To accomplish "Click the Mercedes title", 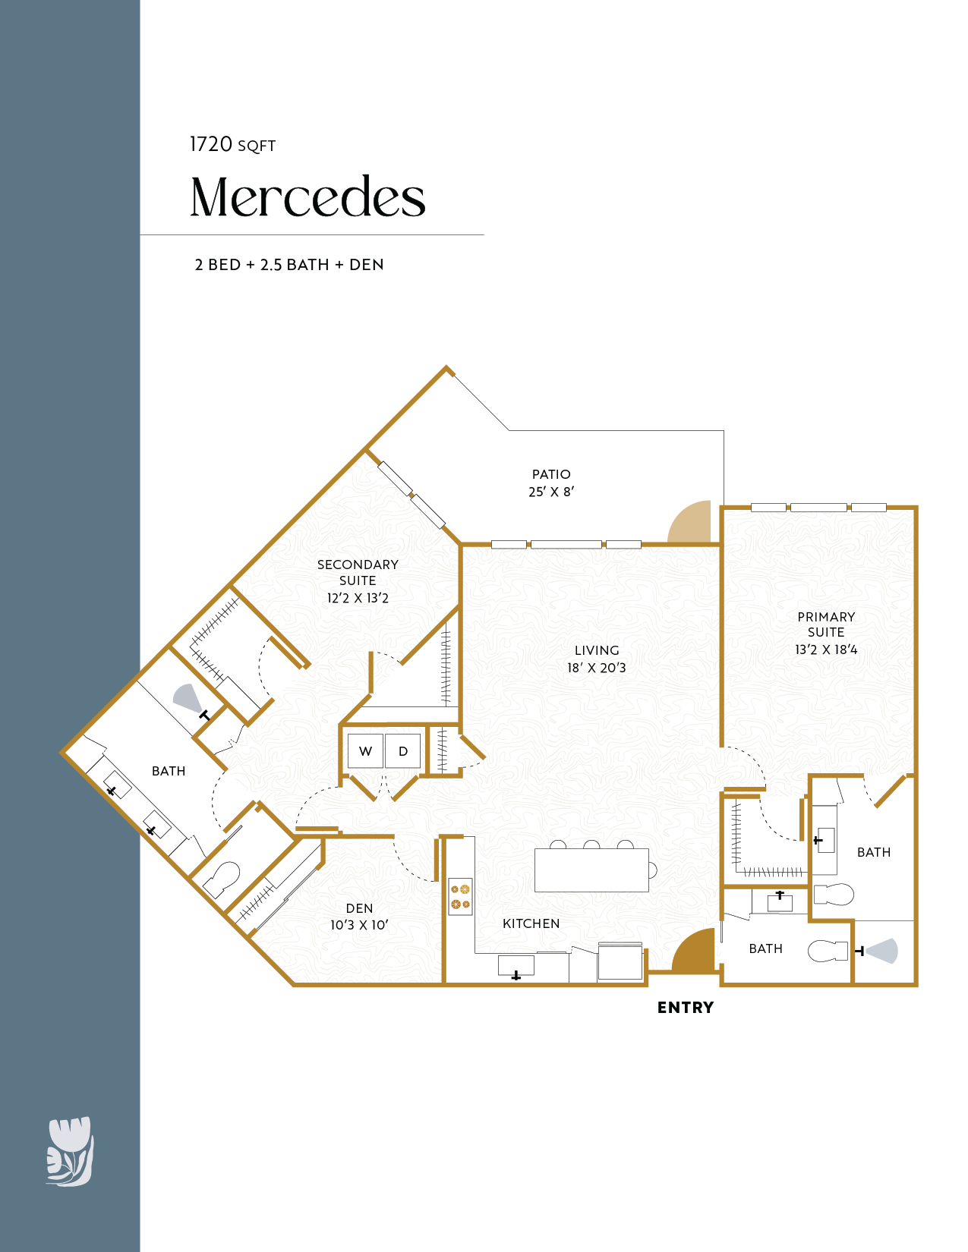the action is tap(308, 197).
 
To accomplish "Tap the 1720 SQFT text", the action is tap(232, 145).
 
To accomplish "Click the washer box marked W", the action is tap(365, 750).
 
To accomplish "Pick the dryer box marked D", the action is tap(403, 750).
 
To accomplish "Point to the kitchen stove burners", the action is tap(460, 897).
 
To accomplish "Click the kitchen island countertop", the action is tap(591, 870).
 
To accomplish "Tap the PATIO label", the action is tap(551, 474).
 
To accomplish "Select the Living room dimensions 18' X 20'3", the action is tap(596, 668).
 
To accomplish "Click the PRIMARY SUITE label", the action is tap(826, 624).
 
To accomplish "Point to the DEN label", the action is tap(359, 908).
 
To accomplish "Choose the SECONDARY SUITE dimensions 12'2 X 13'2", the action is tap(358, 598).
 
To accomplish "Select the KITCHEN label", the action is tap(531, 923).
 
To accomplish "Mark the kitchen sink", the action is tap(516, 966).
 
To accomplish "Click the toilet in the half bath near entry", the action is tap(828, 951).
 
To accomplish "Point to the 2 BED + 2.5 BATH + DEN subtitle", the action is tap(289, 265).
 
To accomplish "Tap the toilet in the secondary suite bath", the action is tap(222, 879).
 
